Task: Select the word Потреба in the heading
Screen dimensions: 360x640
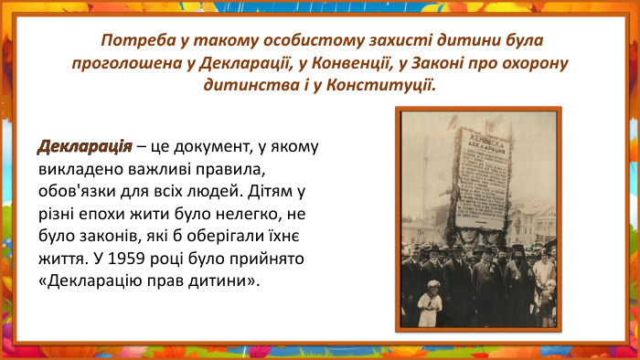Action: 133,42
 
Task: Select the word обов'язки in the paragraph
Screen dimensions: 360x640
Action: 75,192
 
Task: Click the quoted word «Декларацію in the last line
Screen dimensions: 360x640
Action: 94,281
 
